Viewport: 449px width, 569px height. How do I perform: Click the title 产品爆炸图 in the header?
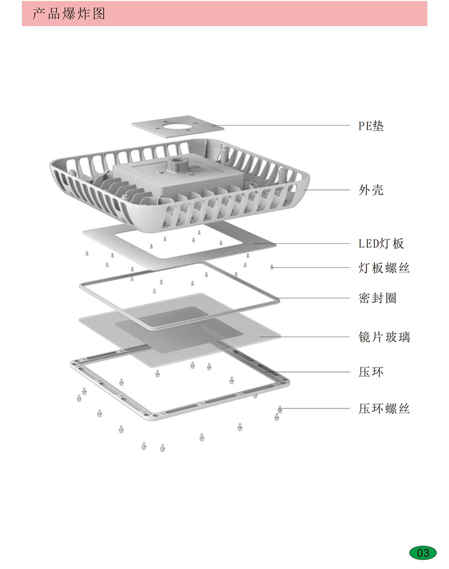click(69, 13)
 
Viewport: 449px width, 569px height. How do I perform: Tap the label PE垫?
click(371, 126)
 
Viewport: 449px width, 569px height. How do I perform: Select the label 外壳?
click(371, 190)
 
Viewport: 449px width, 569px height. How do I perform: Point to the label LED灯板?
click(381, 244)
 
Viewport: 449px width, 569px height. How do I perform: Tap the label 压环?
click(371, 372)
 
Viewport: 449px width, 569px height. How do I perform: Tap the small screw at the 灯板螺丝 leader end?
click(272, 267)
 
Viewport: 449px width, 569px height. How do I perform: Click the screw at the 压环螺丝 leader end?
click(280, 408)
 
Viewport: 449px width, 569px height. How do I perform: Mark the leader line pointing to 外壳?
click(329, 190)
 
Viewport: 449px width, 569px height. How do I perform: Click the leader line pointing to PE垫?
click(287, 126)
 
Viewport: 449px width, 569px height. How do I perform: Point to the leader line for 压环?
click(311, 372)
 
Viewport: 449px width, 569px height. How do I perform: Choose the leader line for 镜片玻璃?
click(311, 337)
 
